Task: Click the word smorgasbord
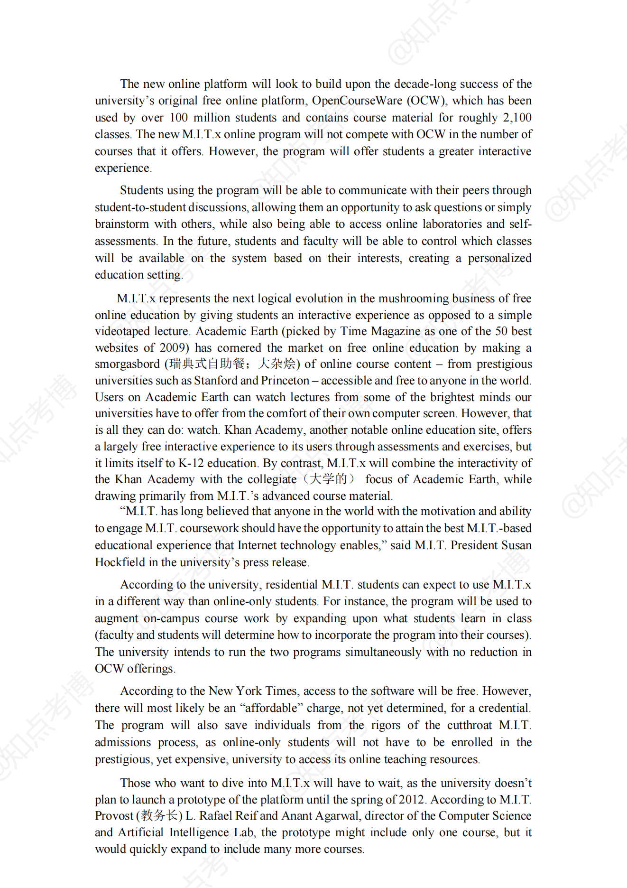click(x=127, y=364)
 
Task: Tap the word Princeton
click(x=285, y=381)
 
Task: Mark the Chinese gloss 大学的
click(x=328, y=479)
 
